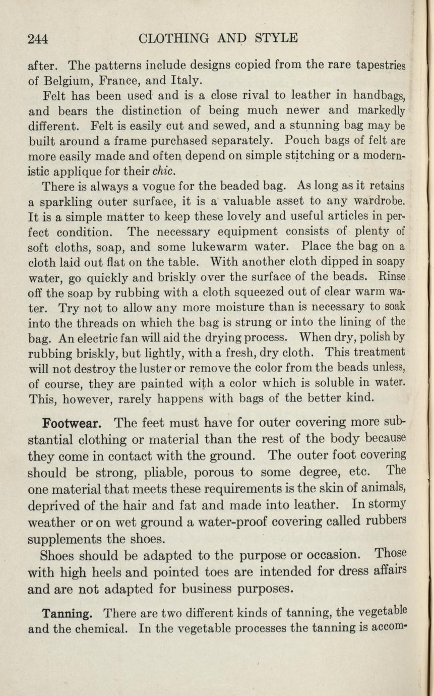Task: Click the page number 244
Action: coord(38,38)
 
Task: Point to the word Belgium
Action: coord(69,80)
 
